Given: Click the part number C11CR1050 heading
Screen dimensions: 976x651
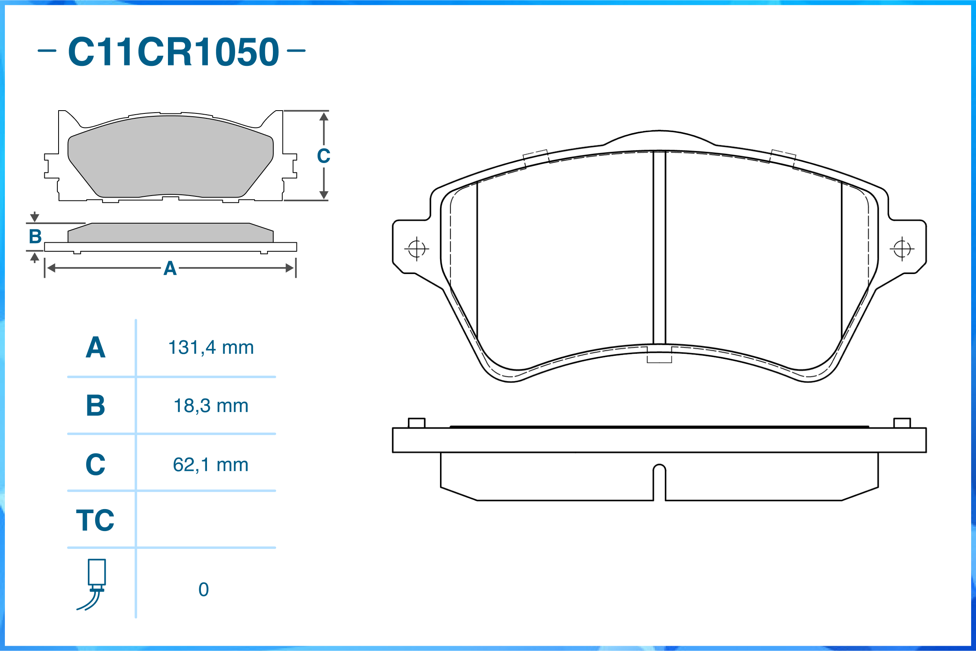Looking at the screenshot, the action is point(173,52).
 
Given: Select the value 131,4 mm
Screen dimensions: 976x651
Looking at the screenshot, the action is point(211,348).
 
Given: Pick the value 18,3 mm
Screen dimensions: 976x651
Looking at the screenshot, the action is point(211,406).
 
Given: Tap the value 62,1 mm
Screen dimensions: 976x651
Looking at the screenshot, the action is point(211,465).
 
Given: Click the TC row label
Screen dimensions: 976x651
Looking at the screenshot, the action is point(95,520).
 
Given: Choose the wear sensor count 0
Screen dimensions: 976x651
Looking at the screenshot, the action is point(203,590).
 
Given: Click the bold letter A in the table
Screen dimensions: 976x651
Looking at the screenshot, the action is point(96,347).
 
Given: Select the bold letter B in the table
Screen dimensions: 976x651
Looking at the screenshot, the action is point(96,405).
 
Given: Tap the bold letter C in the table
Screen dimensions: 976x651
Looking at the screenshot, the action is point(96,464).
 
